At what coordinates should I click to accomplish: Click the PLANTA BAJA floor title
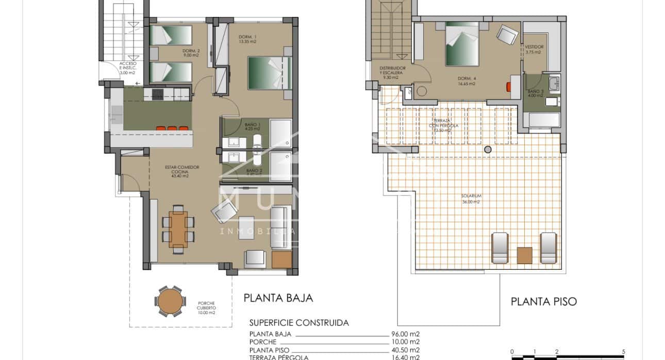(x=278, y=298)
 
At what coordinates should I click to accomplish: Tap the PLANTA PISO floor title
(x=543, y=302)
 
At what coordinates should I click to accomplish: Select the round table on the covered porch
(x=170, y=301)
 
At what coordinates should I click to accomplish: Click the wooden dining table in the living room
(x=178, y=229)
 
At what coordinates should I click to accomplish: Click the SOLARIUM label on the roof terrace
(x=471, y=199)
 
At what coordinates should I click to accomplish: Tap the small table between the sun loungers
(x=524, y=255)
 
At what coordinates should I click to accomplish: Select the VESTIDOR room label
(x=534, y=49)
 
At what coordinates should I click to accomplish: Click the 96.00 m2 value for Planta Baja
(x=405, y=334)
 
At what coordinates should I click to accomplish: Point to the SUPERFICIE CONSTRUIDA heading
(x=298, y=323)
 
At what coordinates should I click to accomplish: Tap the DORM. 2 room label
(x=191, y=53)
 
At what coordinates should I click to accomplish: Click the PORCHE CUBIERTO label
(x=206, y=307)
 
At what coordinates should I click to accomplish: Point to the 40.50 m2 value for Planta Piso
(x=405, y=349)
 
